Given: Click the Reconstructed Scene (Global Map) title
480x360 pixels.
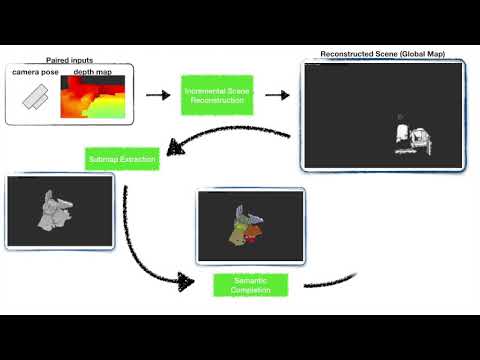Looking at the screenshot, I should [x=383, y=53].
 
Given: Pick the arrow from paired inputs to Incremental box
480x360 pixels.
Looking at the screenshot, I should [x=157, y=96].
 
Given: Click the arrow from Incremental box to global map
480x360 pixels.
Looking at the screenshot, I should [x=276, y=96].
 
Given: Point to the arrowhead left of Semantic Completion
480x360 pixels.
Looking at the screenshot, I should [x=185, y=281].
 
